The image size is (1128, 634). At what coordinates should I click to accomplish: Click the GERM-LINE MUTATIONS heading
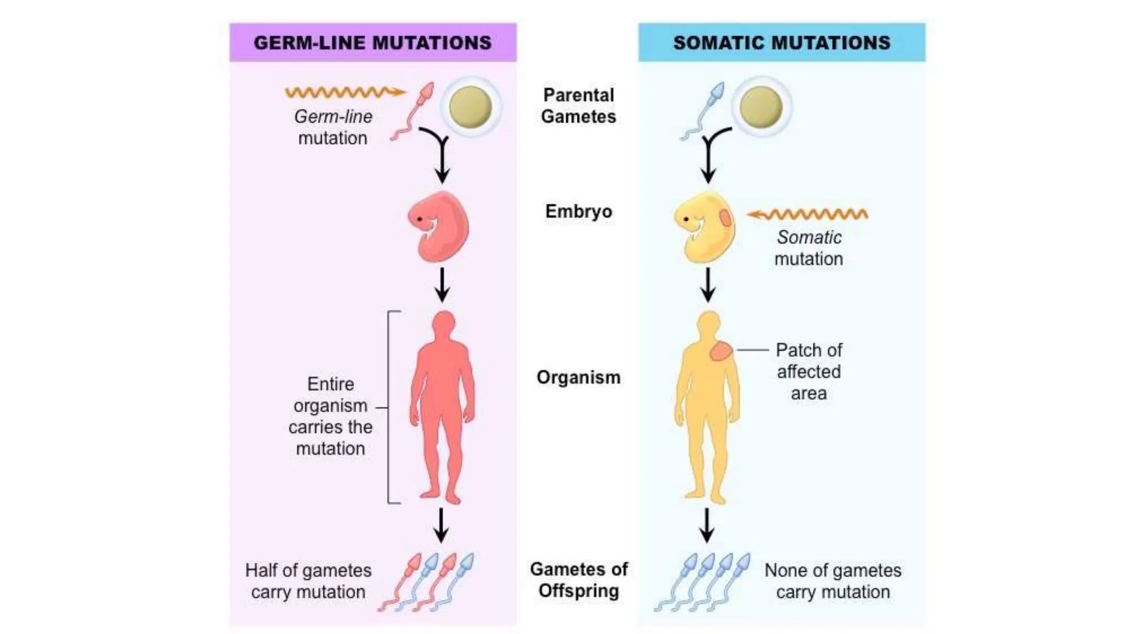click(x=372, y=43)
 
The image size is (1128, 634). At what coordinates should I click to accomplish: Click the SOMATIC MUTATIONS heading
click(x=782, y=43)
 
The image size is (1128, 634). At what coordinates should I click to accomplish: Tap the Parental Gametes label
click(x=578, y=106)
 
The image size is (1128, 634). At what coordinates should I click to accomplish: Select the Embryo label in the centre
click(x=578, y=211)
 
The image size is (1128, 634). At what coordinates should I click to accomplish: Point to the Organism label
click(x=578, y=378)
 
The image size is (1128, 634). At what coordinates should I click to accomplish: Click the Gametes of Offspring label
click(x=578, y=580)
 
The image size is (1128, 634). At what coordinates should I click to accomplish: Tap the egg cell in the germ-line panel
click(x=470, y=107)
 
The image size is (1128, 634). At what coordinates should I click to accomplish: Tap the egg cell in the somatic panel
click(x=761, y=107)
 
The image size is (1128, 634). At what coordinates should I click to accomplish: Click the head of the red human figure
click(x=443, y=325)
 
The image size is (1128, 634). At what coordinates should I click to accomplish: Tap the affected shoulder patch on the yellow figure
click(x=720, y=351)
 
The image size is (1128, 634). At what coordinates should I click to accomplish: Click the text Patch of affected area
click(x=809, y=371)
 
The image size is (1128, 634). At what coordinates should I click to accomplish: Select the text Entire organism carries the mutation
click(x=330, y=416)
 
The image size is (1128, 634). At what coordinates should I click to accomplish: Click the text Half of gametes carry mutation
click(x=308, y=581)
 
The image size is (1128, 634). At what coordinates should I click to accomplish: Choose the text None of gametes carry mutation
click(x=833, y=581)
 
